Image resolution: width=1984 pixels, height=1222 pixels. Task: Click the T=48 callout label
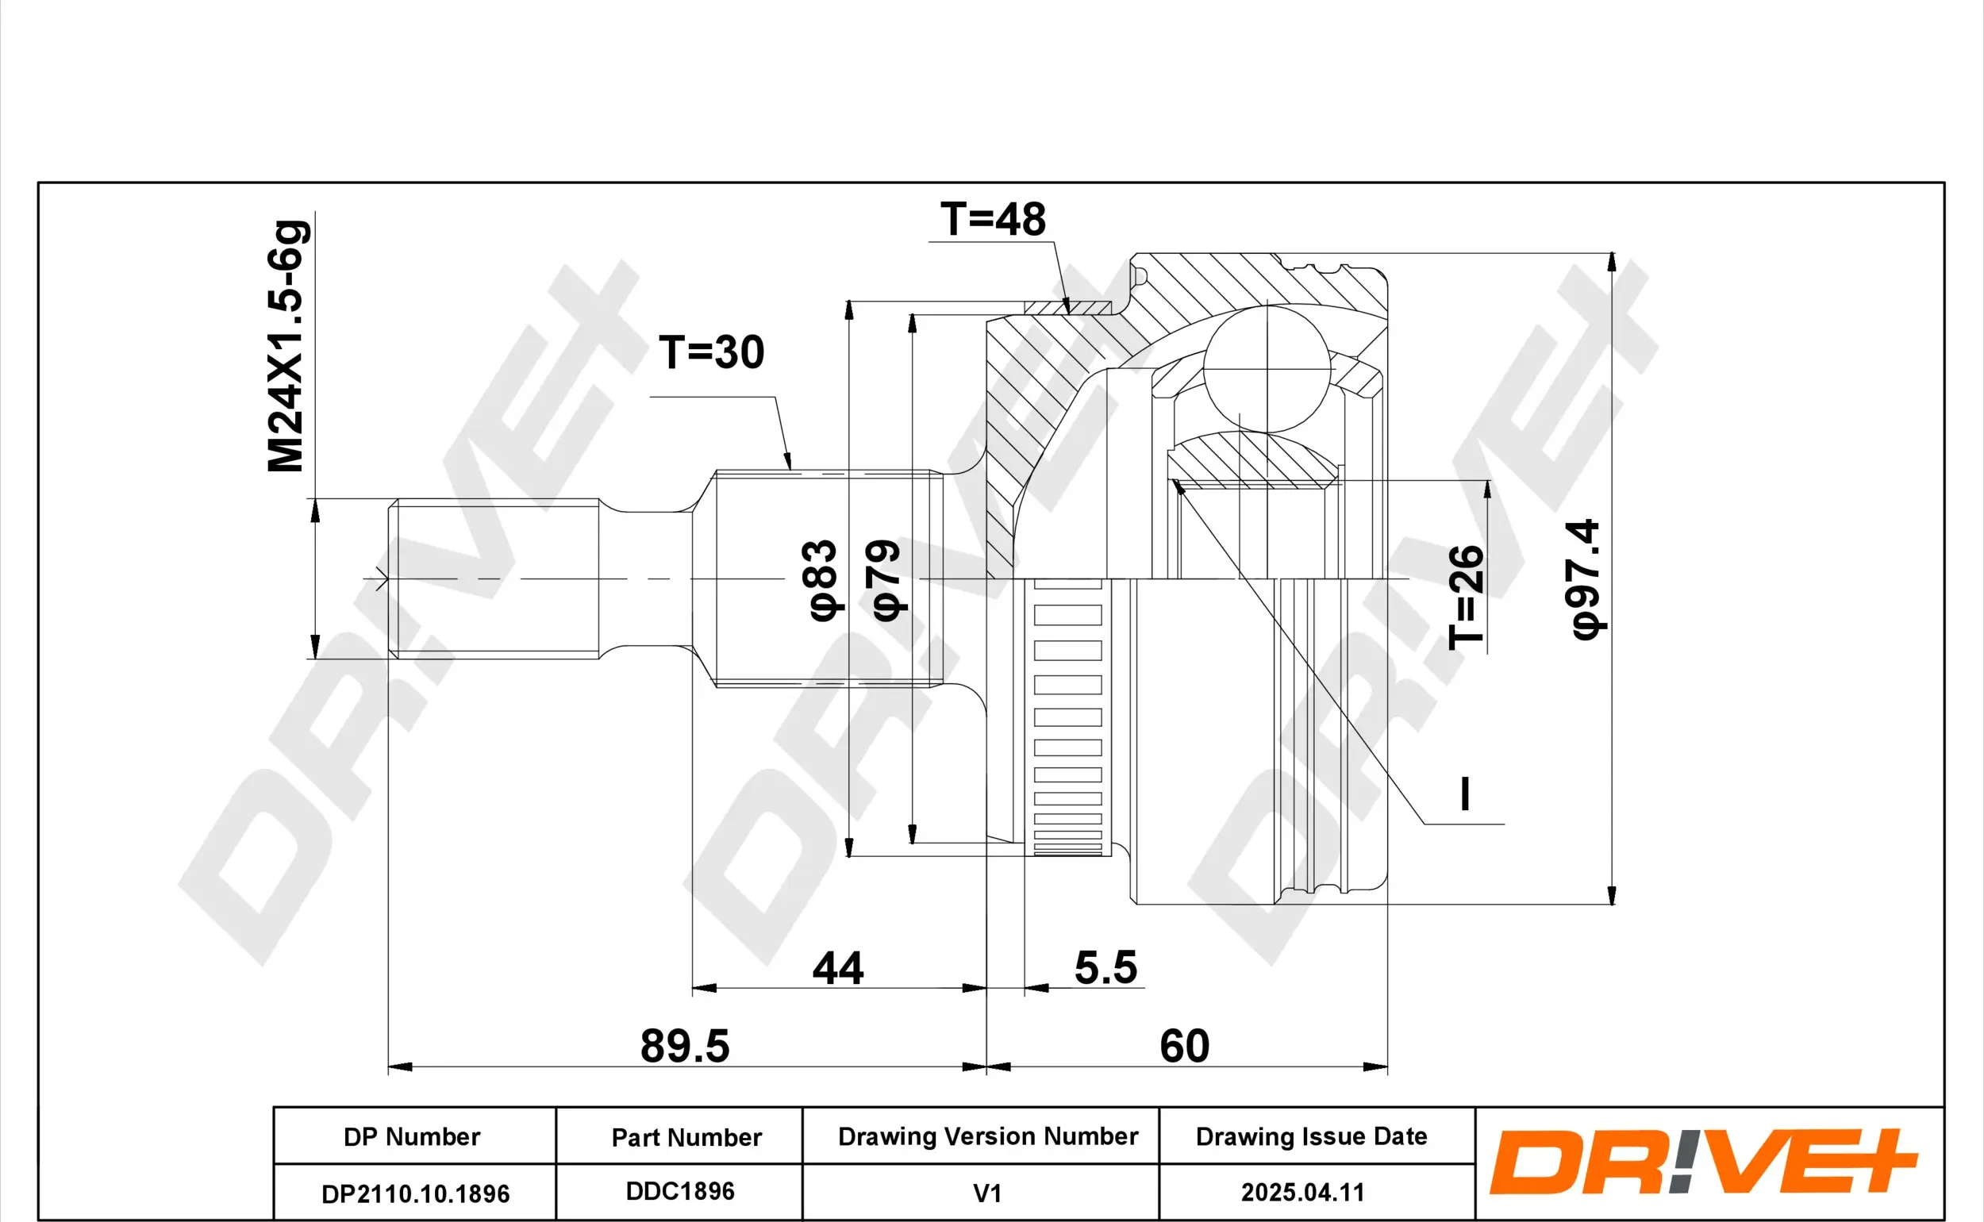pyautogui.click(x=993, y=219)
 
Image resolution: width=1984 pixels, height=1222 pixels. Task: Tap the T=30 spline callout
pyautogui.click(x=711, y=352)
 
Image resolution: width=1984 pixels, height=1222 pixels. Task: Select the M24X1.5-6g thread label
pyautogui.click(x=288, y=346)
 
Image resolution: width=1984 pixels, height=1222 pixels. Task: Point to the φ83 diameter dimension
pyautogui.click(x=823, y=580)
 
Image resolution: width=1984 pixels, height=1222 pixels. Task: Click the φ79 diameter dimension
pyautogui.click(x=886, y=580)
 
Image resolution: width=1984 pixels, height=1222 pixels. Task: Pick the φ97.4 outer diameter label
pyautogui.click(x=1586, y=579)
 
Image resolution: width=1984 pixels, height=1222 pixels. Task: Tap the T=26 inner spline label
pyautogui.click(x=1466, y=598)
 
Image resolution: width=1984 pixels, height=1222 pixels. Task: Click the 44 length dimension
pyautogui.click(x=838, y=968)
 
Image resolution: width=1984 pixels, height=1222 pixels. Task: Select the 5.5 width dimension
pyautogui.click(x=1105, y=967)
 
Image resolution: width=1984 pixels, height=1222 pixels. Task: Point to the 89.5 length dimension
pyautogui.click(x=685, y=1046)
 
